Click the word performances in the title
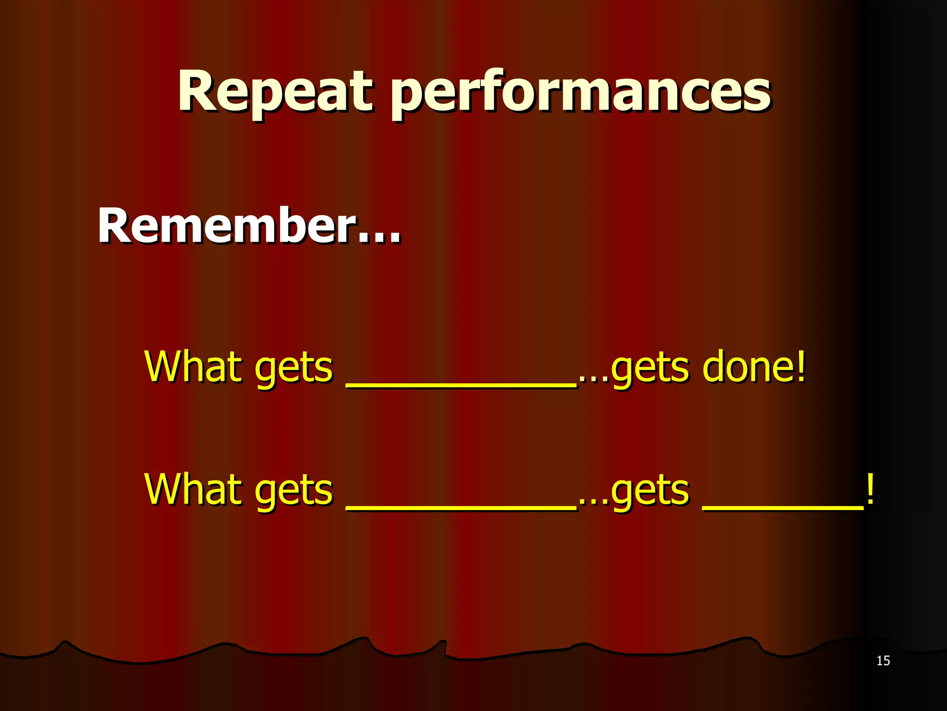point(581,93)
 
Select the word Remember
point(227,225)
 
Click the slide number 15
point(883,661)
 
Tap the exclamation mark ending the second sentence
point(870,490)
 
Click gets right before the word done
point(650,370)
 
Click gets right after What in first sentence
point(294,370)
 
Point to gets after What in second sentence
point(294,493)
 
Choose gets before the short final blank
point(650,493)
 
